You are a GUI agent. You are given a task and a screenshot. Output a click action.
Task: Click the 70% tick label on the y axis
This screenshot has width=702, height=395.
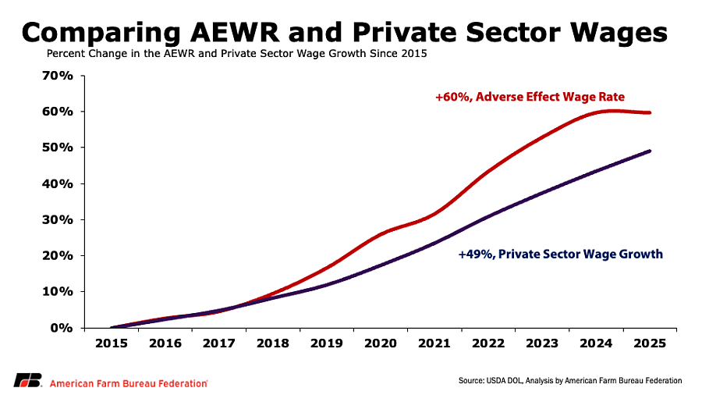[x=57, y=76]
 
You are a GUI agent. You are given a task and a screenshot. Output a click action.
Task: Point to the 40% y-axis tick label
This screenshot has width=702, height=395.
[x=57, y=183]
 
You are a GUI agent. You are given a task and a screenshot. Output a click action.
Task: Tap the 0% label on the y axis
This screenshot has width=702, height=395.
[x=62, y=328]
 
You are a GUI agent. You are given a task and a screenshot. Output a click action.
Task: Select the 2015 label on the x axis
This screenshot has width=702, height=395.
[x=112, y=343]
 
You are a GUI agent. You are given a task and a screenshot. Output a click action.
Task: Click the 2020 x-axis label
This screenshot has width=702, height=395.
[x=381, y=343]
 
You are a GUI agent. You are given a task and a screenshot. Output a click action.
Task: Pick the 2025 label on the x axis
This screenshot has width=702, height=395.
[x=650, y=343]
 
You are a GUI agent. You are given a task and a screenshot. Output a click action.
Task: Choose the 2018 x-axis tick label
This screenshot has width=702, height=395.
[x=273, y=343]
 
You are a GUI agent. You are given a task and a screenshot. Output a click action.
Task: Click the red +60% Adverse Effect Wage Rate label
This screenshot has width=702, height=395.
[x=530, y=97]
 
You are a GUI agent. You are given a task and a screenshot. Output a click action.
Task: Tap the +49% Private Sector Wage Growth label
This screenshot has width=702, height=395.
[x=561, y=254]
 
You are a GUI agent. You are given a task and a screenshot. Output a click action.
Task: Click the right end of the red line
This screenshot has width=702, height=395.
[x=649, y=112]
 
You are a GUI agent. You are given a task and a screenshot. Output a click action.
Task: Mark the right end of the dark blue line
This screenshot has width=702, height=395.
[x=649, y=151]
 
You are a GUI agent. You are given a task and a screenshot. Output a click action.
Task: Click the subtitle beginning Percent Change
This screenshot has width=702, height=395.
[x=237, y=54]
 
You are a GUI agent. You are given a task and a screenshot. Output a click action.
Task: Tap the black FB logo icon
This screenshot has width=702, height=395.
[x=28, y=380]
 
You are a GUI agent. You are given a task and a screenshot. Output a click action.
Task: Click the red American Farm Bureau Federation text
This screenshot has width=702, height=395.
[x=129, y=384]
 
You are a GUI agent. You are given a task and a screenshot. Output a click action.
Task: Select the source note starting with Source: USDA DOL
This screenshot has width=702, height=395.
[x=570, y=381]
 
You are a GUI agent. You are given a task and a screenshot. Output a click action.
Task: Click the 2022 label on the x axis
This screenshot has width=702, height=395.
[x=488, y=343]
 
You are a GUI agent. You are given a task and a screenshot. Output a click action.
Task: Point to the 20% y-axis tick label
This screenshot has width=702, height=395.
[x=57, y=256]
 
